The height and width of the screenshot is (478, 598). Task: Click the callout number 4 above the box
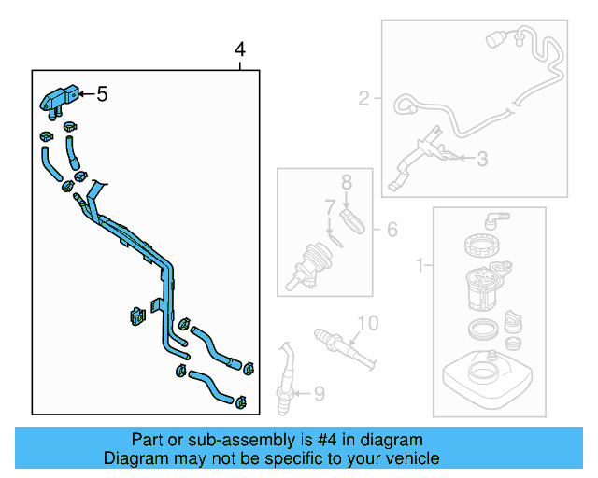(x=240, y=49)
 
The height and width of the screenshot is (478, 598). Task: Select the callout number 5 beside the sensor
(x=101, y=93)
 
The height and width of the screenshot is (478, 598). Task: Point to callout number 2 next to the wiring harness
(x=364, y=97)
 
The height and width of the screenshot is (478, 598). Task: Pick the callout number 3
(x=481, y=160)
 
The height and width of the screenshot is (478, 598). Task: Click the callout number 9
(x=318, y=395)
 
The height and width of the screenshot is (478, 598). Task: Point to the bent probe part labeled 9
(x=286, y=373)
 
